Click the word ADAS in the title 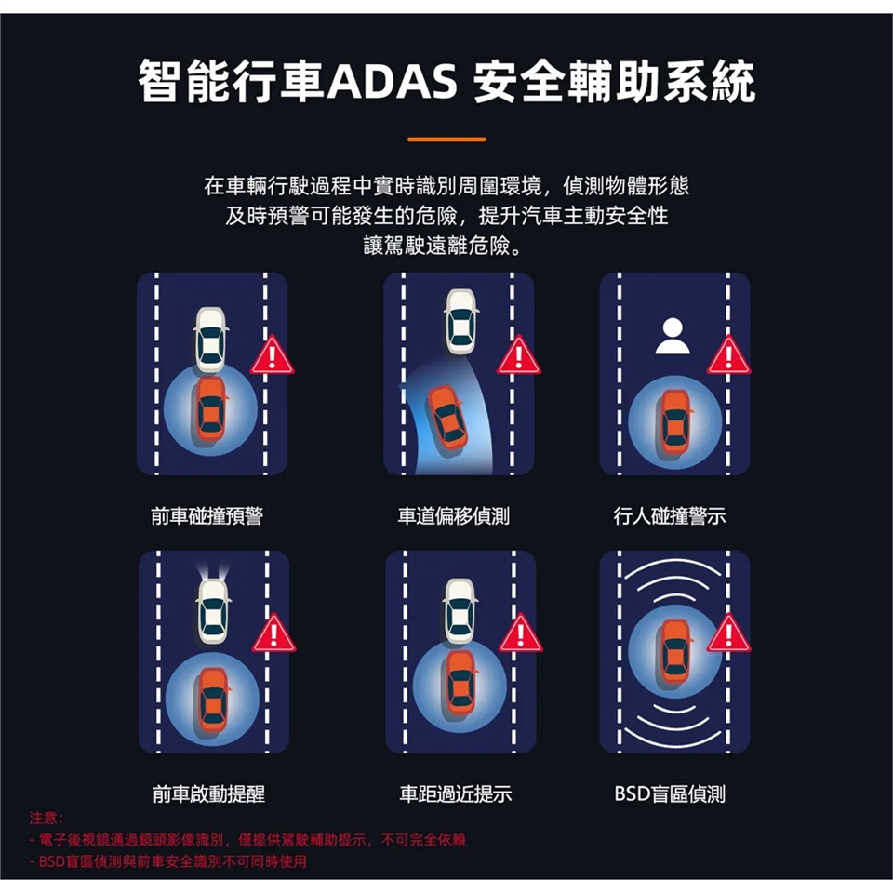click(393, 81)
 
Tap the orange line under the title click(446, 139)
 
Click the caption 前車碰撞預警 click(207, 516)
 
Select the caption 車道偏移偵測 click(454, 516)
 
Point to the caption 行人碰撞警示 click(670, 516)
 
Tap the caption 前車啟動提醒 click(209, 793)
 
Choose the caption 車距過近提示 click(456, 793)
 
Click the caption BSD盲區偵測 click(670, 793)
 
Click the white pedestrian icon click(673, 336)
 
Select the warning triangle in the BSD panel click(729, 633)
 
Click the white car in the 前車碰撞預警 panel click(211, 340)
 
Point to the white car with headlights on click(213, 612)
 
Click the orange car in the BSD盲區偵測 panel click(675, 653)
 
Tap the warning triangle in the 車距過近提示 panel click(521, 633)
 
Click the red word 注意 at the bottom click(44, 819)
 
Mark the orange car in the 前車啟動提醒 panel click(213, 700)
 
